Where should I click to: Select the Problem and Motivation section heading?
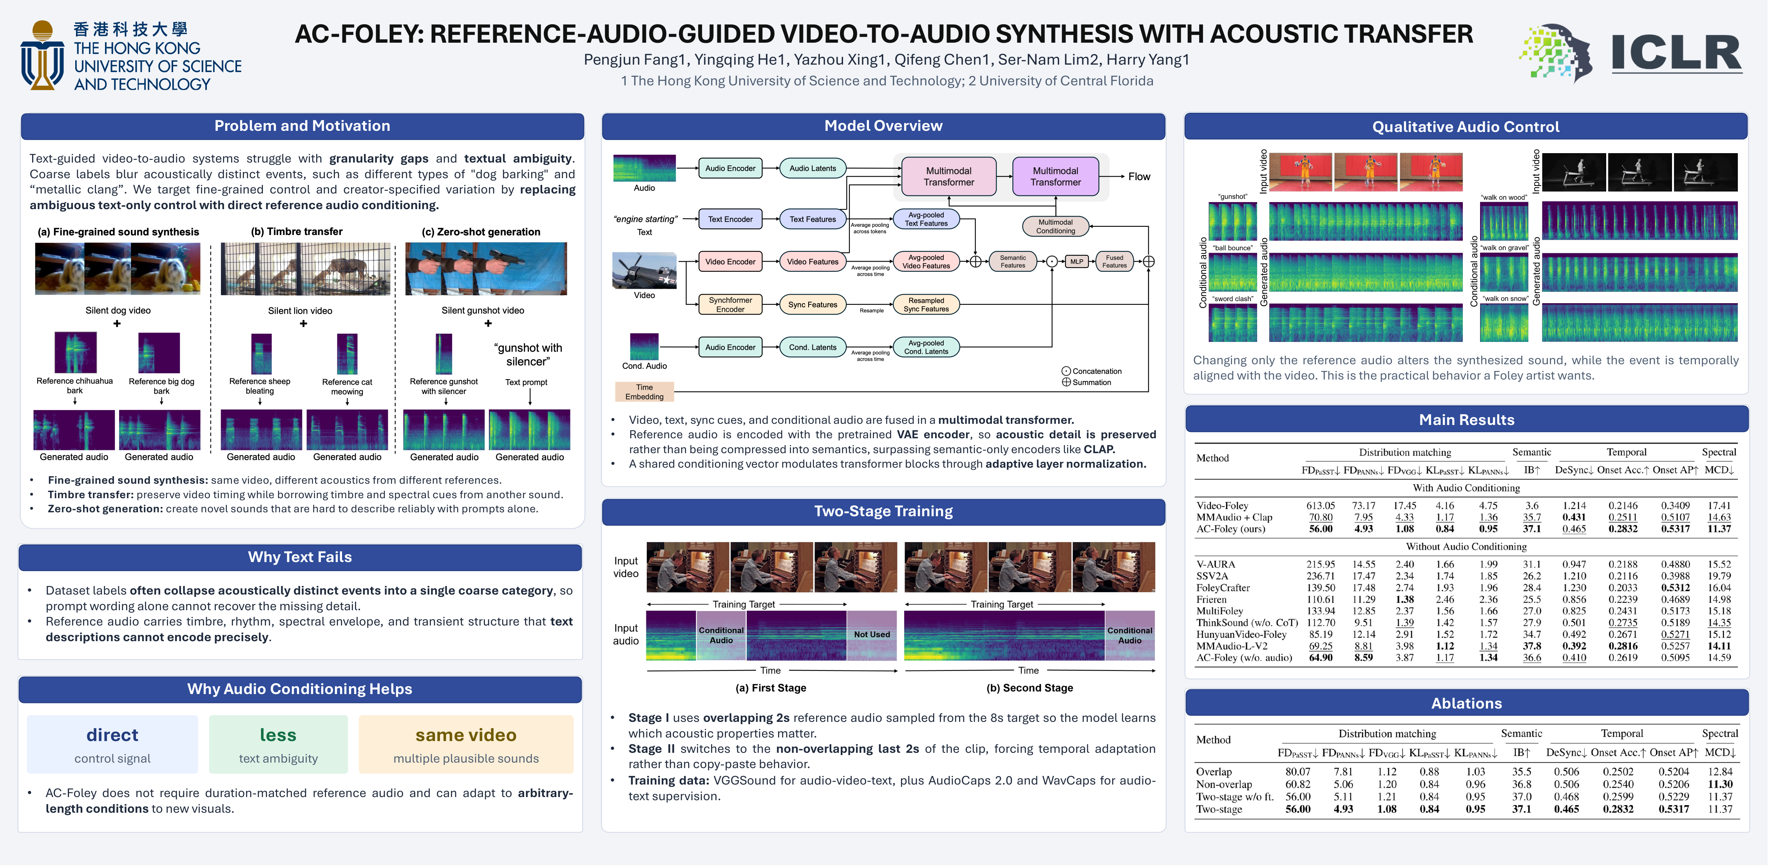tap(302, 126)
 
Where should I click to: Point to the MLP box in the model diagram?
tap(1076, 262)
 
